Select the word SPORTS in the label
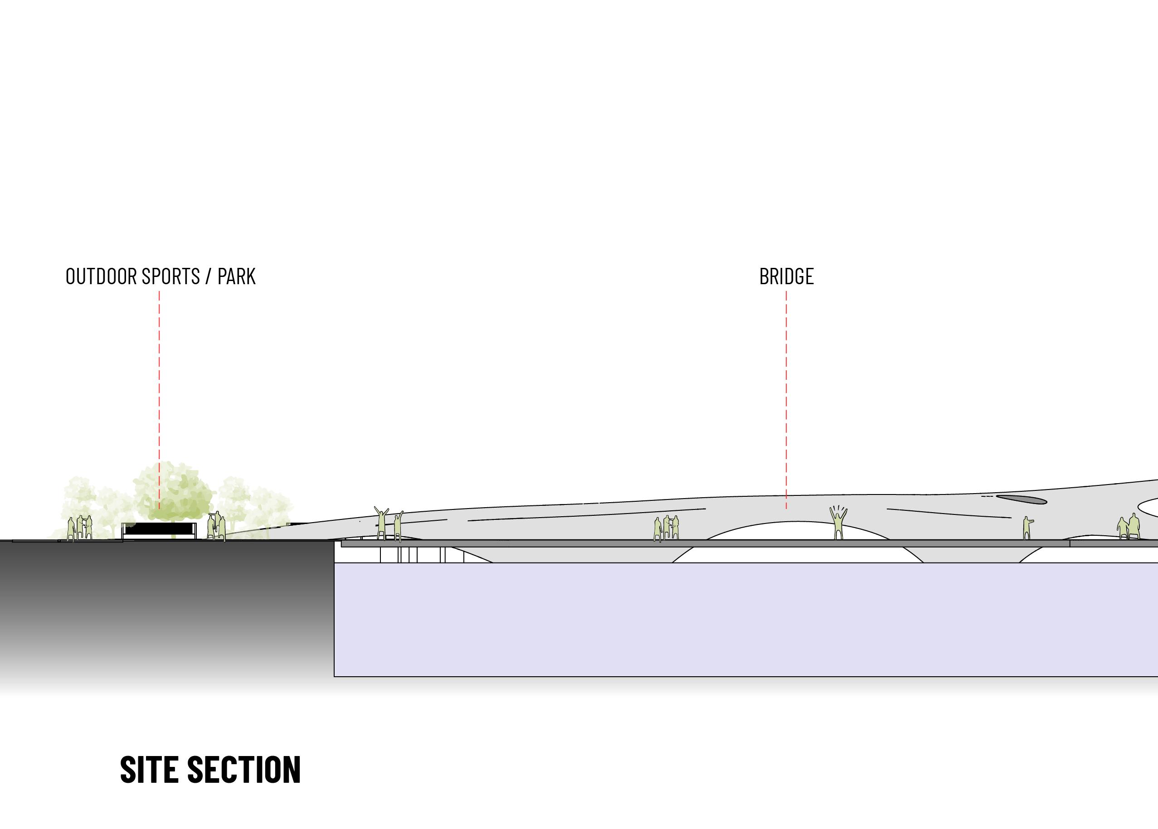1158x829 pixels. pos(170,276)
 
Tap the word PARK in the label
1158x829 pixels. pos(236,276)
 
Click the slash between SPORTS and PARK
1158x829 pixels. pos(208,276)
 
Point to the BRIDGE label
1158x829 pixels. pos(786,276)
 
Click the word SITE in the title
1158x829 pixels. pos(149,770)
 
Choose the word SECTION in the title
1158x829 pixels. pos(244,770)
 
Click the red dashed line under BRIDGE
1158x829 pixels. pos(786,398)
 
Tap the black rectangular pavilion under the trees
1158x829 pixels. pos(159,529)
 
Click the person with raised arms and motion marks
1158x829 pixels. pos(838,523)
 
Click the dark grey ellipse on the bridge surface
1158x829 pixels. pos(1021,499)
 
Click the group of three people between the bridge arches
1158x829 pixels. pos(667,528)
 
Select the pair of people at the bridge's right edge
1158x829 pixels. pos(1129,527)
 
